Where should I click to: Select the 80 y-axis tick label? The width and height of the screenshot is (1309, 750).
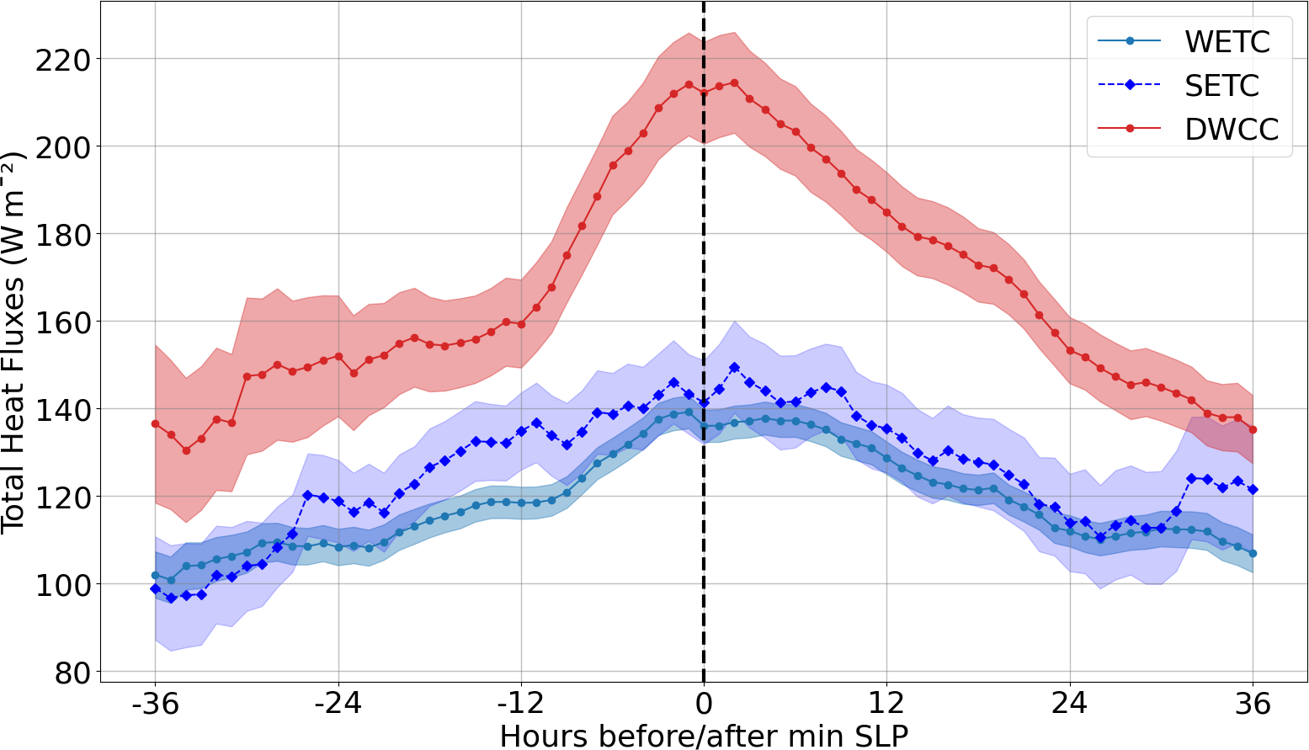[72, 673]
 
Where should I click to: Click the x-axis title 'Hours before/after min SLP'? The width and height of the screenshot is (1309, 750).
[704, 735]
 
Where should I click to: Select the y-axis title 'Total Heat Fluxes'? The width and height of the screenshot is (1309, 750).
[14, 343]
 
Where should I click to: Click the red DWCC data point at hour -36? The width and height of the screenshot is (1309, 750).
[155, 423]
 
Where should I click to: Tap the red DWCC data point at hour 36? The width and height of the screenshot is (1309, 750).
[1253, 429]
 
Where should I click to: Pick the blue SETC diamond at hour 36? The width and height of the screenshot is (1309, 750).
[1253, 489]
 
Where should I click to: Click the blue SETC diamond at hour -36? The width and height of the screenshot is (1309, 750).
[155, 588]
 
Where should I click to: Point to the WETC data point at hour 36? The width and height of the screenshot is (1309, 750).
[1253, 553]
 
